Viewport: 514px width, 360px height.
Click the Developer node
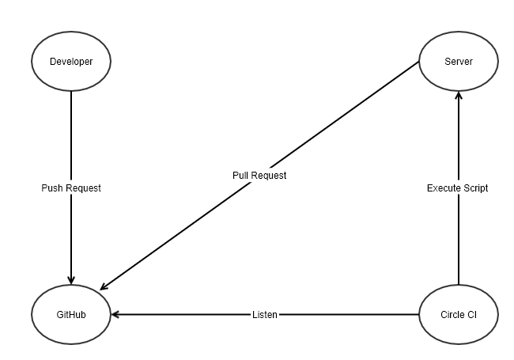pos(71,61)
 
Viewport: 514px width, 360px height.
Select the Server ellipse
pos(458,61)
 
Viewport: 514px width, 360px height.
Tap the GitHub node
pos(71,314)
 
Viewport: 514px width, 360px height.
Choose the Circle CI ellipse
pos(458,314)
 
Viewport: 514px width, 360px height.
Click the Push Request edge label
pos(71,188)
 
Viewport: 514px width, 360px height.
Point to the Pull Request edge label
pos(259,176)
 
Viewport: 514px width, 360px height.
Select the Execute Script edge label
pos(458,188)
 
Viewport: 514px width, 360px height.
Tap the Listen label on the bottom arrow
pos(265,315)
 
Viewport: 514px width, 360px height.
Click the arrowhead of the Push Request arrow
pos(71,279)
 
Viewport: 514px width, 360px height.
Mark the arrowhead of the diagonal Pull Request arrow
pos(104,288)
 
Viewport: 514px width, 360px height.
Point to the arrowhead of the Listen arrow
pos(115,314)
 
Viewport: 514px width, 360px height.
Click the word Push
pos(52,188)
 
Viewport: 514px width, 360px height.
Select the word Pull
pos(240,176)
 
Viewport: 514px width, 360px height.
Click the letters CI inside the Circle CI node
pos(471,314)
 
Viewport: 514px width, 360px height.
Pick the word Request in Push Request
pos(83,188)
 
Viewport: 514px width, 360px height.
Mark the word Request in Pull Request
pos(269,176)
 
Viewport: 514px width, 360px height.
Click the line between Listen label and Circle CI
pos(348,314)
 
